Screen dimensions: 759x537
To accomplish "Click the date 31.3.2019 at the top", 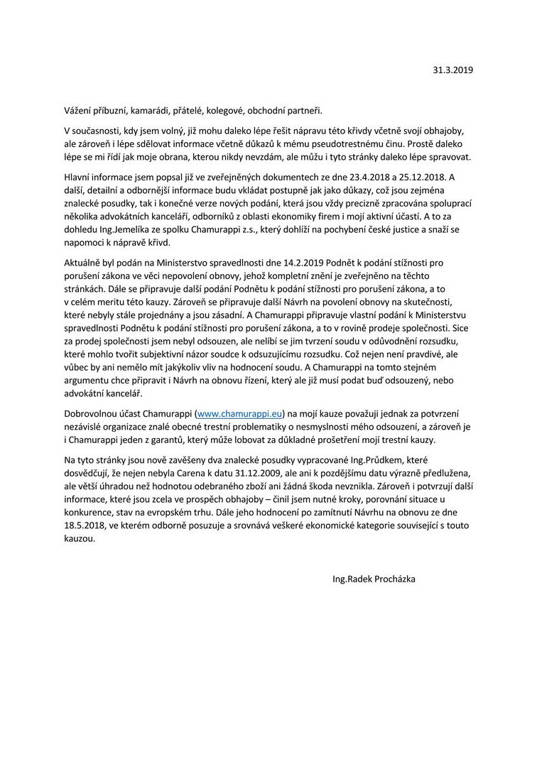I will (x=452, y=70).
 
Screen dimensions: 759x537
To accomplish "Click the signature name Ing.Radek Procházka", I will (x=374, y=579).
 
